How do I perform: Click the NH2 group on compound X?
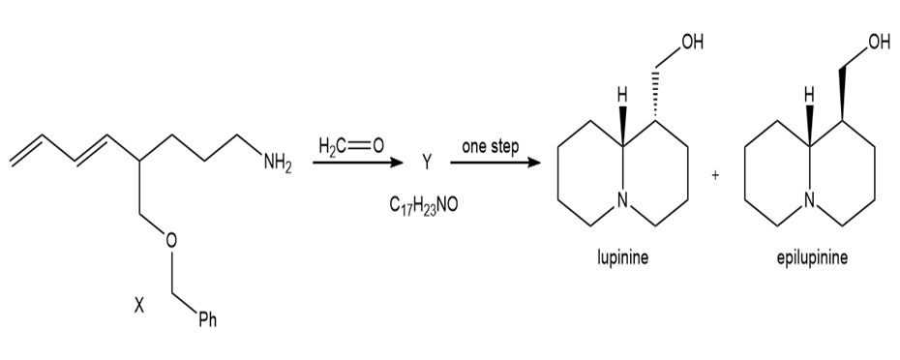pos(278,165)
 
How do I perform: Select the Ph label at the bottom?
pos(207,319)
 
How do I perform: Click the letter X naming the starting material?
pos(139,307)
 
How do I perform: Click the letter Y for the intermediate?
pos(426,165)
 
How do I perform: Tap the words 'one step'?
pos(491,146)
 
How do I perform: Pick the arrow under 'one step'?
pos(495,164)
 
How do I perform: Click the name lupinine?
pos(623,257)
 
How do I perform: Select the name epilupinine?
pos(812,257)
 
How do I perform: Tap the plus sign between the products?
pos(715,176)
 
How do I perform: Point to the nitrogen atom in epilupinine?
pos(810,199)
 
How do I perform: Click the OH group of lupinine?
pos(691,43)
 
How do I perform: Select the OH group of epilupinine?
pos(878,43)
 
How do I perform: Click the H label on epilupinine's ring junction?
pos(810,94)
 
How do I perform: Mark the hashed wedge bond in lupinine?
pos(654,96)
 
